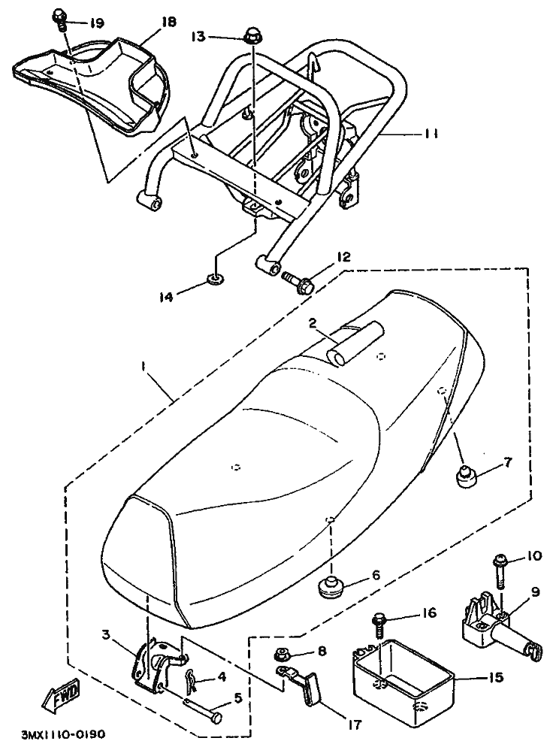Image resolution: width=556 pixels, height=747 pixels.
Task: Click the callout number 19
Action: pos(97,23)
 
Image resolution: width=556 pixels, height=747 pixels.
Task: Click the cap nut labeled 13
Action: pos(252,36)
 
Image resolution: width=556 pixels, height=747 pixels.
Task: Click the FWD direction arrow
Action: pos(61,700)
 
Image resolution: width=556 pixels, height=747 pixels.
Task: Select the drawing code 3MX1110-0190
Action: pos(62,734)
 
